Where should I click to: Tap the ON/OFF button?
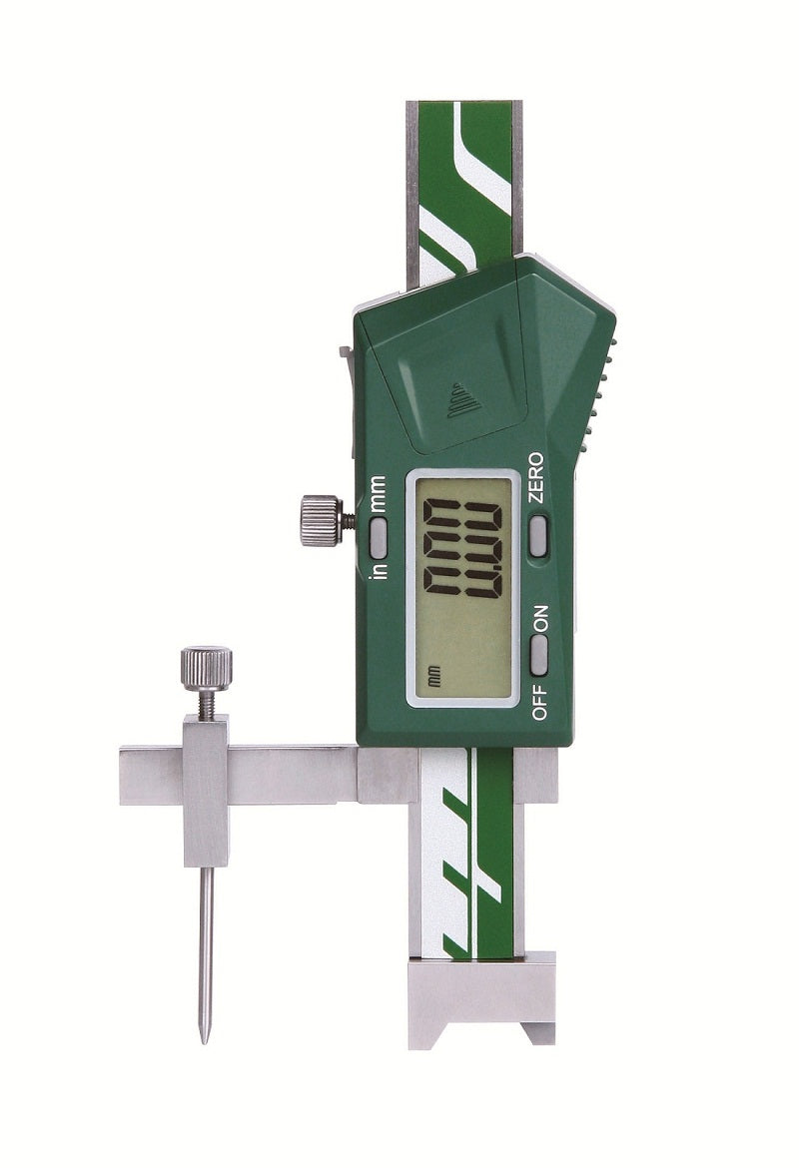(538, 652)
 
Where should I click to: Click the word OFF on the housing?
(539, 702)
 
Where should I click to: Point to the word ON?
(539, 618)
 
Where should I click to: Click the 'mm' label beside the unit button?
(379, 493)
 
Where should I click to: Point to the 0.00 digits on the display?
(461, 548)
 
